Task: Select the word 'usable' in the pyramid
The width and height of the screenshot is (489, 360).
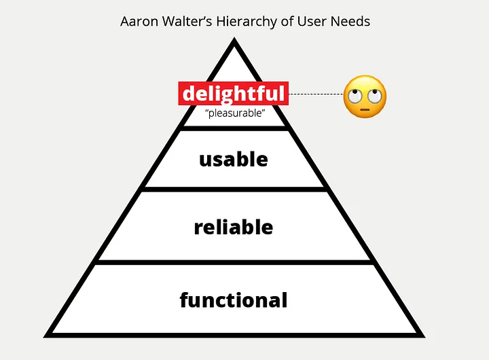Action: (234, 159)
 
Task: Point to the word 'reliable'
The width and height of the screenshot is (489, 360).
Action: (234, 227)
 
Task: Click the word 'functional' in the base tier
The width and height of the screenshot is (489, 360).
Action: (234, 300)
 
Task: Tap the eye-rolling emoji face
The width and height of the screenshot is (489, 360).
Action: (365, 95)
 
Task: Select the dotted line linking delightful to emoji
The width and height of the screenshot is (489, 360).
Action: (316, 94)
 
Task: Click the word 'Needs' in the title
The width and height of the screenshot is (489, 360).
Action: (352, 21)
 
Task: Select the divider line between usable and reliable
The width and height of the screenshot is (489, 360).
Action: (234, 190)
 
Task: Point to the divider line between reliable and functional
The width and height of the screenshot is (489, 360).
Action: (234, 263)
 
